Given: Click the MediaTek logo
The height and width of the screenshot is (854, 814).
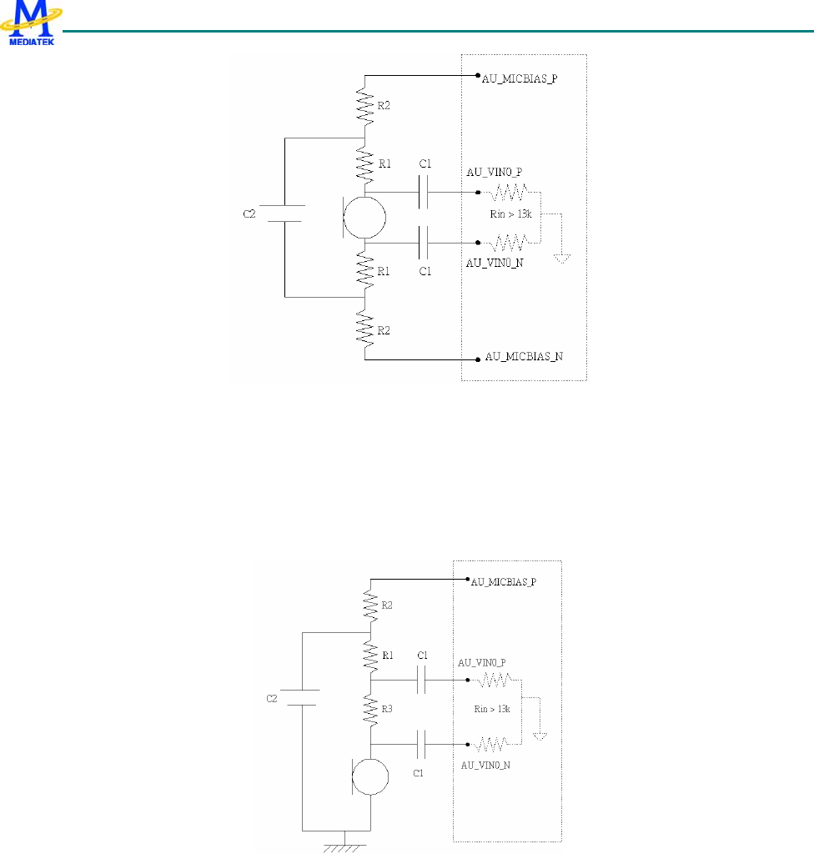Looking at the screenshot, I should (33, 23).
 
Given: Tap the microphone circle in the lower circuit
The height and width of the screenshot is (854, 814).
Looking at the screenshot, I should (370, 776).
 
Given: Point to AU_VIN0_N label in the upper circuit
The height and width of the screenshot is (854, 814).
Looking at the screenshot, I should (495, 262).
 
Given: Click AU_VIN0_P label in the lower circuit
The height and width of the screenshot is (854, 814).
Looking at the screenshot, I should (482, 663).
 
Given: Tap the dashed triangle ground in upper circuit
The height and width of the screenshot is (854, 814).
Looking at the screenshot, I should (563, 257).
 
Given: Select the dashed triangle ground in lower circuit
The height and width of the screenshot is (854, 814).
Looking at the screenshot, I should (540, 735).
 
